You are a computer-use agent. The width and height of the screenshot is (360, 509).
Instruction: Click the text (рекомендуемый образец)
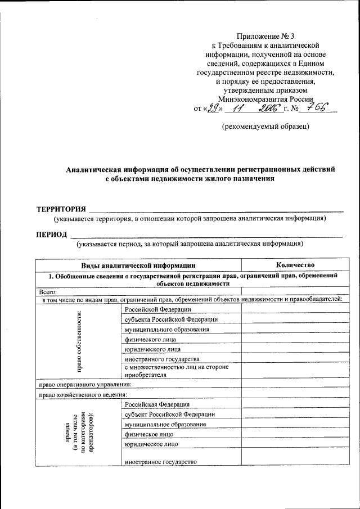click(265, 127)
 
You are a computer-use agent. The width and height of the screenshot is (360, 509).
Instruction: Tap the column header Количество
click(295, 265)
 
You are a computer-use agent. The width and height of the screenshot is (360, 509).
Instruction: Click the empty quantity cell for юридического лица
click(295, 349)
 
